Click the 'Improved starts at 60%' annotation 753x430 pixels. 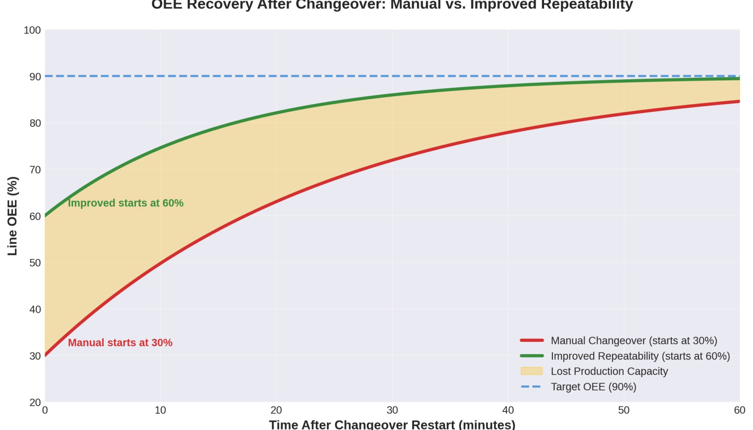pyautogui.click(x=126, y=203)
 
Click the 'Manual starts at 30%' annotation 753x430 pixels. pyautogui.click(x=120, y=343)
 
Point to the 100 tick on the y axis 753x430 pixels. pyautogui.click(x=32, y=30)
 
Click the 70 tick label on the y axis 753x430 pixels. pyautogui.click(x=35, y=170)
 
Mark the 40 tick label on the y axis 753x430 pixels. pyautogui.click(x=35, y=309)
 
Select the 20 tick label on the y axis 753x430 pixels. pyautogui.click(x=35, y=402)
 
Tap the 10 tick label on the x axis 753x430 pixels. pyautogui.click(x=160, y=410)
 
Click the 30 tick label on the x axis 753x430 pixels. pyautogui.click(x=392, y=410)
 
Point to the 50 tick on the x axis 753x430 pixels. pyautogui.click(x=624, y=410)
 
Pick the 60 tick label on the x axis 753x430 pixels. pyautogui.click(x=739, y=410)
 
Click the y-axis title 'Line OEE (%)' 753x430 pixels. pyautogui.click(x=13, y=216)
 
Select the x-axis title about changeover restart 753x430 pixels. pyautogui.click(x=392, y=424)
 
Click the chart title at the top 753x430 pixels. pyautogui.click(x=392, y=5)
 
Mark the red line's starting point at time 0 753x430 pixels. pyautogui.click(x=45, y=355)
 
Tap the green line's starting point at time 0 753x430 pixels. pyautogui.click(x=45, y=216)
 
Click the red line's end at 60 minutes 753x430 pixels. pyautogui.click(x=739, y=101)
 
